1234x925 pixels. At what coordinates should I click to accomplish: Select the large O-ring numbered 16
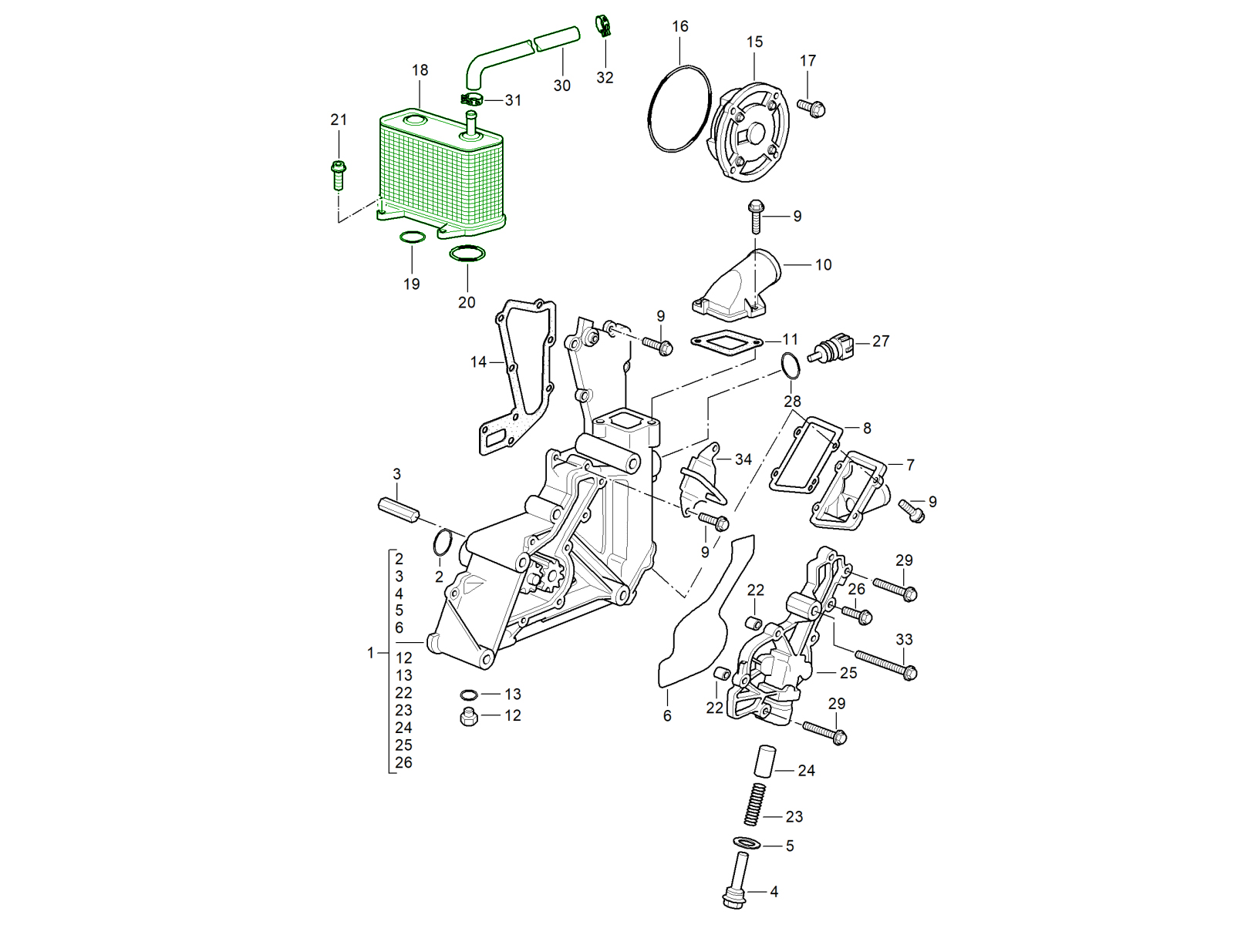click(679, 108)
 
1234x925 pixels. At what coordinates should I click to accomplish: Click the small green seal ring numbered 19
click(411, 237)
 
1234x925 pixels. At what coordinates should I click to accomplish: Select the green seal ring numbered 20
click(467, 254)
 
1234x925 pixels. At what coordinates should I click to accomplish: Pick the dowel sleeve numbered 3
click(398, 510)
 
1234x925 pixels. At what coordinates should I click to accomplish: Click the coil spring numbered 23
click(755, 804)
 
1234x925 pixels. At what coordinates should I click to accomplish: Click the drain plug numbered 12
click(468, 718)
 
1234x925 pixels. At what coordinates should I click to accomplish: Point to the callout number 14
click(478, 362)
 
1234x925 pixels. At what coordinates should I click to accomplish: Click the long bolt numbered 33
click(884, 664)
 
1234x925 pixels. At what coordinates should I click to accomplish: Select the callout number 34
click(743, 459)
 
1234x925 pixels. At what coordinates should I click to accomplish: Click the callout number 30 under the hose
click(561, 86)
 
